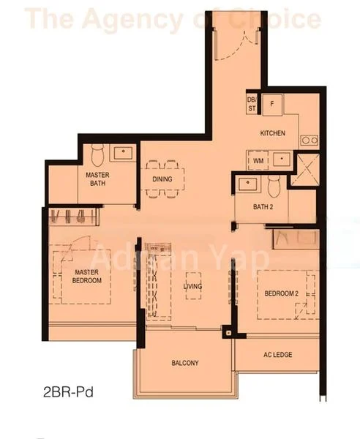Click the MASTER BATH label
(97, 179)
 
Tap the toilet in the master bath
(102, 154)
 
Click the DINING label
(162, 179)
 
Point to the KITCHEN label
(272, 134)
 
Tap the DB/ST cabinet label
(252, 104)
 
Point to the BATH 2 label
(263, 207)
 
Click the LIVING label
(192, 286)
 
